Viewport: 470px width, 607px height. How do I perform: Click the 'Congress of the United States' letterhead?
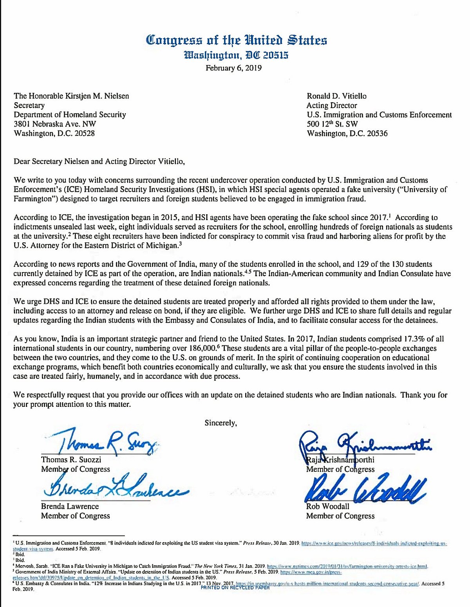pyautogui.click(x=236, y=40)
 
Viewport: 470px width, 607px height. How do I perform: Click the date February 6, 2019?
pyautogui.click(x=234, y=68)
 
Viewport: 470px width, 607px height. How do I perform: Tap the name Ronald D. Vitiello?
pyautogui.click(x=336, y=96)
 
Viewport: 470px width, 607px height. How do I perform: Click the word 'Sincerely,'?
pyautogui.click(x=221, y=423)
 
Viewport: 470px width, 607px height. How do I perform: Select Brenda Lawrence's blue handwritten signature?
pyautogui.click(x=114, y=488)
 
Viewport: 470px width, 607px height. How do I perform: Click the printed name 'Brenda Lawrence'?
pyautogui.click(x=70, y=506)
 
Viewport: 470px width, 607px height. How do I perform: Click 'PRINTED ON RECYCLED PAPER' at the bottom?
pyautogui.click(x=235, y=587)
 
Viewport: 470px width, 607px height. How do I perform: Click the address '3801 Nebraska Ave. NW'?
pyautogui.click(x=55, y=124)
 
